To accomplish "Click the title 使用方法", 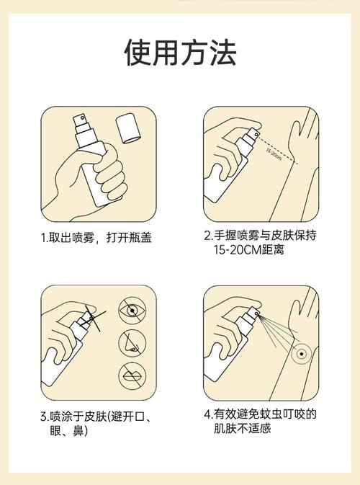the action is pyautogui.click(x=180, y=52).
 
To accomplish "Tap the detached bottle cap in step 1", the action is pyautogui.click(x=129, y=128).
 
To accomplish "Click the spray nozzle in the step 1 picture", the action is pyautogui.click(x=81, y=122).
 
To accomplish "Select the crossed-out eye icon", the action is pyautogui.click(x=132, y=311).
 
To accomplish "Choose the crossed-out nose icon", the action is pyautogui.click(x=132, y=343).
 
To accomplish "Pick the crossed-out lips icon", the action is pyautogui.click(x=132, y=375).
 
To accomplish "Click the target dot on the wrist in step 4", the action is pyautogui.click(x=301, y=354).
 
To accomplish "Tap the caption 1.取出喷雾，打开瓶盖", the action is pyautogui.click(x=96, y=238).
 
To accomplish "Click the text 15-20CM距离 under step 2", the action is pyautogui.click(x=248, y=249).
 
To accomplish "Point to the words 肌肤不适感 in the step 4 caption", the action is pyautogui.click(x=243, y=428).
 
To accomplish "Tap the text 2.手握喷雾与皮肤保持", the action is pyautogui.click(x=260, y=236).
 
